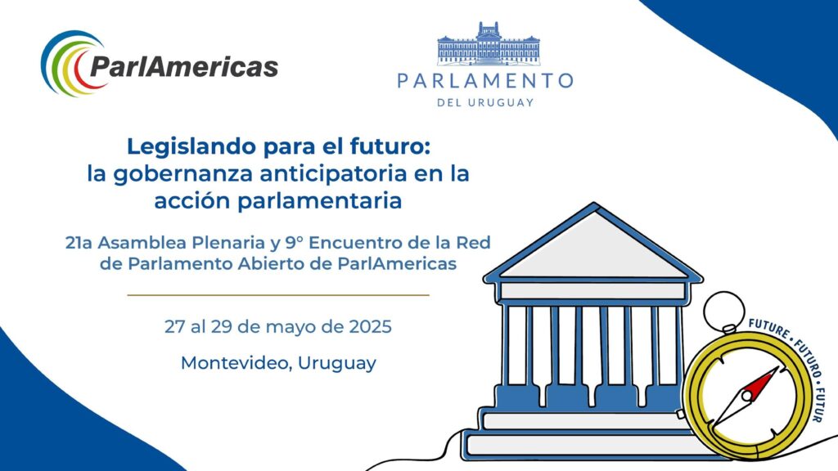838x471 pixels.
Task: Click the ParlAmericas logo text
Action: [184, 67]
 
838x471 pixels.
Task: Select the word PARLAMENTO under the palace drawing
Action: [485, 81]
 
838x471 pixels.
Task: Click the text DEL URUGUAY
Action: [485, 102]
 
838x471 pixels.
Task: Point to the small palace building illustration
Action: [489, 43]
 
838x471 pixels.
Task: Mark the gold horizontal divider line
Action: [278, 294]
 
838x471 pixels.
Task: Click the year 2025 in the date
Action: [371, 327]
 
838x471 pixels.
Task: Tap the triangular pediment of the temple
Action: [593, 245]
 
